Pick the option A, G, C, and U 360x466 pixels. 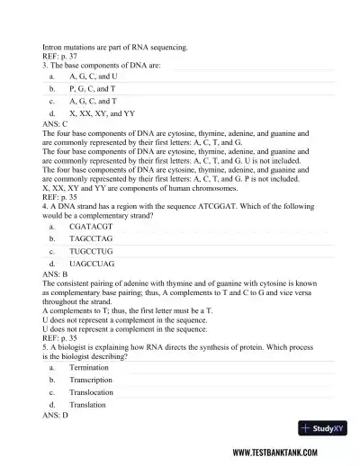click(93, 77)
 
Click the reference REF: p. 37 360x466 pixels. click(58, 55)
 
